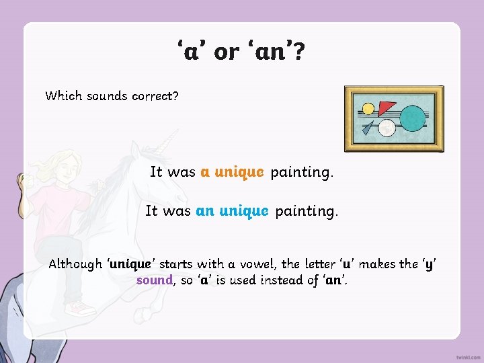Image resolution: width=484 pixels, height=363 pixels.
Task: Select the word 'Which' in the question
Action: tap(63, 95)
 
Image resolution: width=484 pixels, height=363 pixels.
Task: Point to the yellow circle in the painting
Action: tap(368, 108)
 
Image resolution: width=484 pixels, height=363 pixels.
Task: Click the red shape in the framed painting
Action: tap(387, 107)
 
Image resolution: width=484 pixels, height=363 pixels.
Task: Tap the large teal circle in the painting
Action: tap(412, 118)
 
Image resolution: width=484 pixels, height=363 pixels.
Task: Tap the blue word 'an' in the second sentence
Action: tap(205, 211)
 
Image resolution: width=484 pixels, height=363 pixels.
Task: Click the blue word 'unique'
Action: tap(244, 211)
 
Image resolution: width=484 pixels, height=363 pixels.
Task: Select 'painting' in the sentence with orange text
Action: tap(301, 172)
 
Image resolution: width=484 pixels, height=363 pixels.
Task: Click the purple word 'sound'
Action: tap(155, 280)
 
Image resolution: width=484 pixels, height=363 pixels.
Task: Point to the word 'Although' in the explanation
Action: tap(75, 264)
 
